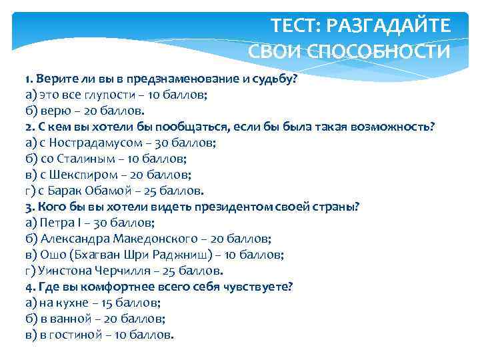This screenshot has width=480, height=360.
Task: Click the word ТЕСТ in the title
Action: [294, 27]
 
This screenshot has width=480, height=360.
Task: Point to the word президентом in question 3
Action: [232, 207]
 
